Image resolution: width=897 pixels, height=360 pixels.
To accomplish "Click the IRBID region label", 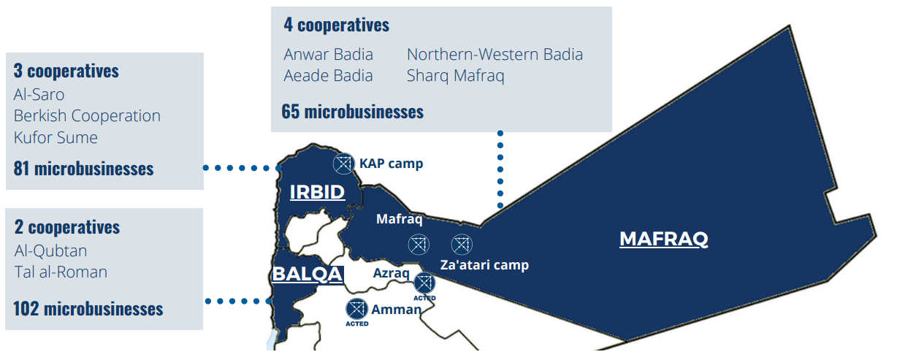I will pos(317,192).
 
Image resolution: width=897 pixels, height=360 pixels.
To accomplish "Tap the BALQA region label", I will pos(307,275).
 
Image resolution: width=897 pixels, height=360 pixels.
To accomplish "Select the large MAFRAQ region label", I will pos(663,239).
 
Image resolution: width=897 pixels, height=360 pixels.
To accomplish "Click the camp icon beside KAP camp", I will pos(343,164).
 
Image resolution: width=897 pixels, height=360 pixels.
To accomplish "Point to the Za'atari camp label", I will pos(484,265).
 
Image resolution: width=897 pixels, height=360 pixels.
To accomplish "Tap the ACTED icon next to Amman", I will pos(356,310).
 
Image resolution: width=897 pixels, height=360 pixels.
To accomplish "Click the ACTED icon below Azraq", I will pos(424,284).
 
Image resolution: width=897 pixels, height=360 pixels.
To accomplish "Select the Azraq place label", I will pos(392,272).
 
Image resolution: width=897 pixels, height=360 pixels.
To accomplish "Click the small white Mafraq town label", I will pos(399,218).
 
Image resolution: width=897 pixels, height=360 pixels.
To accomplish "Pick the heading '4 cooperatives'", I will pos(336,25).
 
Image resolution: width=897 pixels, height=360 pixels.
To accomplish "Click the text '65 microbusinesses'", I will pos(352,112).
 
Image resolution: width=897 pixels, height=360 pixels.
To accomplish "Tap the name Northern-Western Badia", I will pos(495,54).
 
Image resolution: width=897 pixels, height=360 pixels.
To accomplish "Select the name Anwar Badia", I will pos(328,54).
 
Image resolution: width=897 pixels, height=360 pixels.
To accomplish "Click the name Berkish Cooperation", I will pos(87,116).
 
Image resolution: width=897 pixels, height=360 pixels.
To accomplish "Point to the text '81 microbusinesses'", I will pos(83,169).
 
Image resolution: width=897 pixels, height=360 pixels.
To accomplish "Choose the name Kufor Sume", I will pos(56,137).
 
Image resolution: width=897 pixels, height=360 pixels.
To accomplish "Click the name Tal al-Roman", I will pos(61,272).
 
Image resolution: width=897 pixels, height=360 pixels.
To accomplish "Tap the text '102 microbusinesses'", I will pos(88,308).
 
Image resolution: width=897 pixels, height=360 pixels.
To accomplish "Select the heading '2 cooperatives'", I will pos(66,227).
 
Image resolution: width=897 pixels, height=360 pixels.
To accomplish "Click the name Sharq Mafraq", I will pos(455,75).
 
